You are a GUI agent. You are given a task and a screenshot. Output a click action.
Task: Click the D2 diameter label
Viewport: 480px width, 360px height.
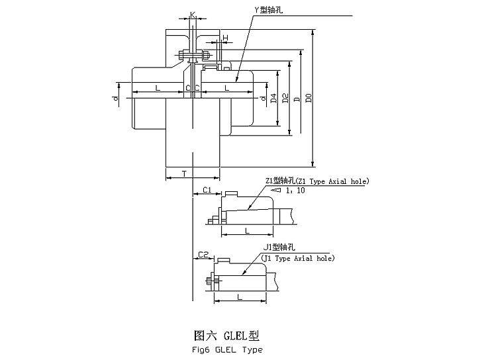(x=285, y=99)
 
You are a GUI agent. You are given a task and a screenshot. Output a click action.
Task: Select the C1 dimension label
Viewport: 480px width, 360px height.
(x=206, y=190)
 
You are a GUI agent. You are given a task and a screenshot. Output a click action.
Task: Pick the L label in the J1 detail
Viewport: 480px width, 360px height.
(x=239, y=298)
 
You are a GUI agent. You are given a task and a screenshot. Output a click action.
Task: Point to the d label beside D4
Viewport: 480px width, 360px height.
(x=264, y=99)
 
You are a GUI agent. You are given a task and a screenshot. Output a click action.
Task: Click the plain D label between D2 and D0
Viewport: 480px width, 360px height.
(x=297, y=99)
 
